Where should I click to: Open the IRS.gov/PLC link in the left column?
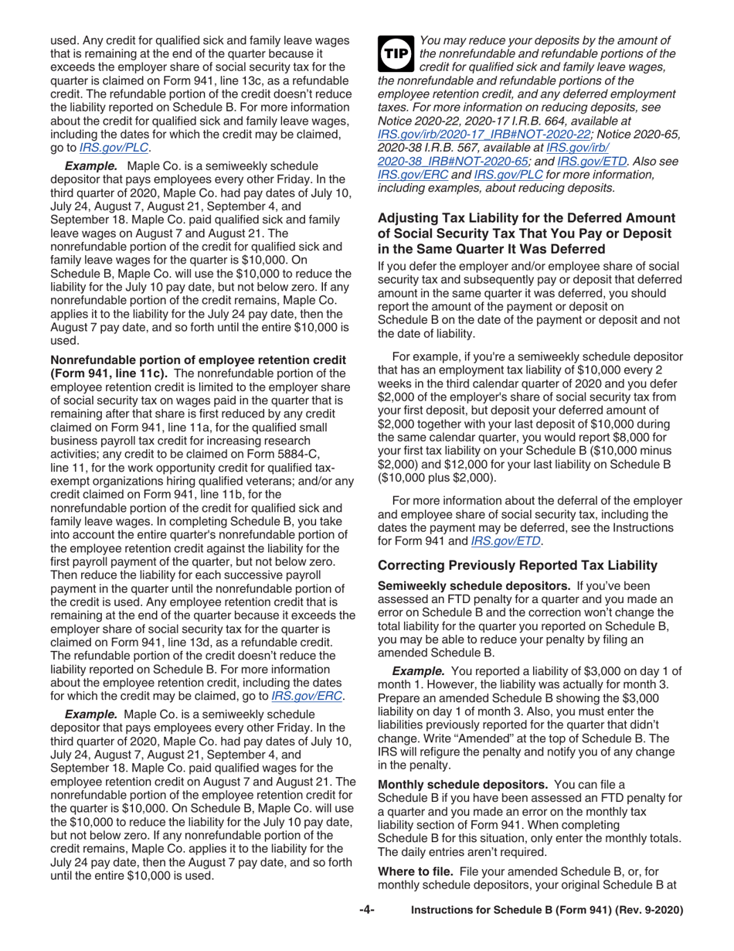pyautogui.click(x=125, y=146)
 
